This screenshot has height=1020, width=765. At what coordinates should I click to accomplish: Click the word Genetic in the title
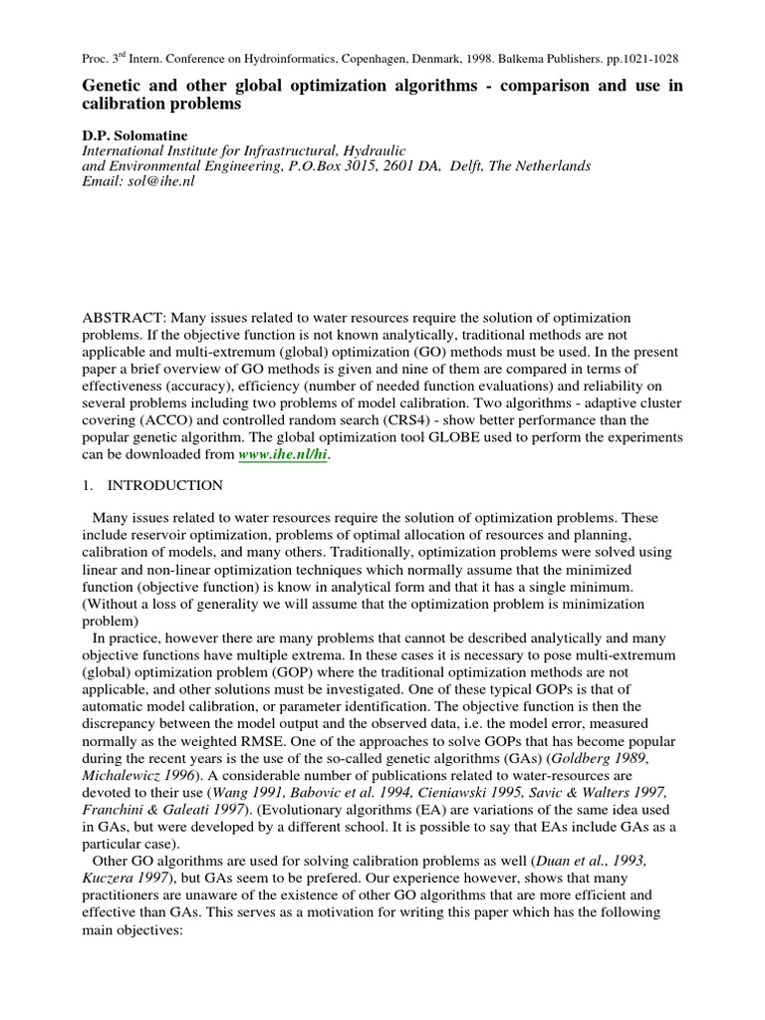click(113, 87)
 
